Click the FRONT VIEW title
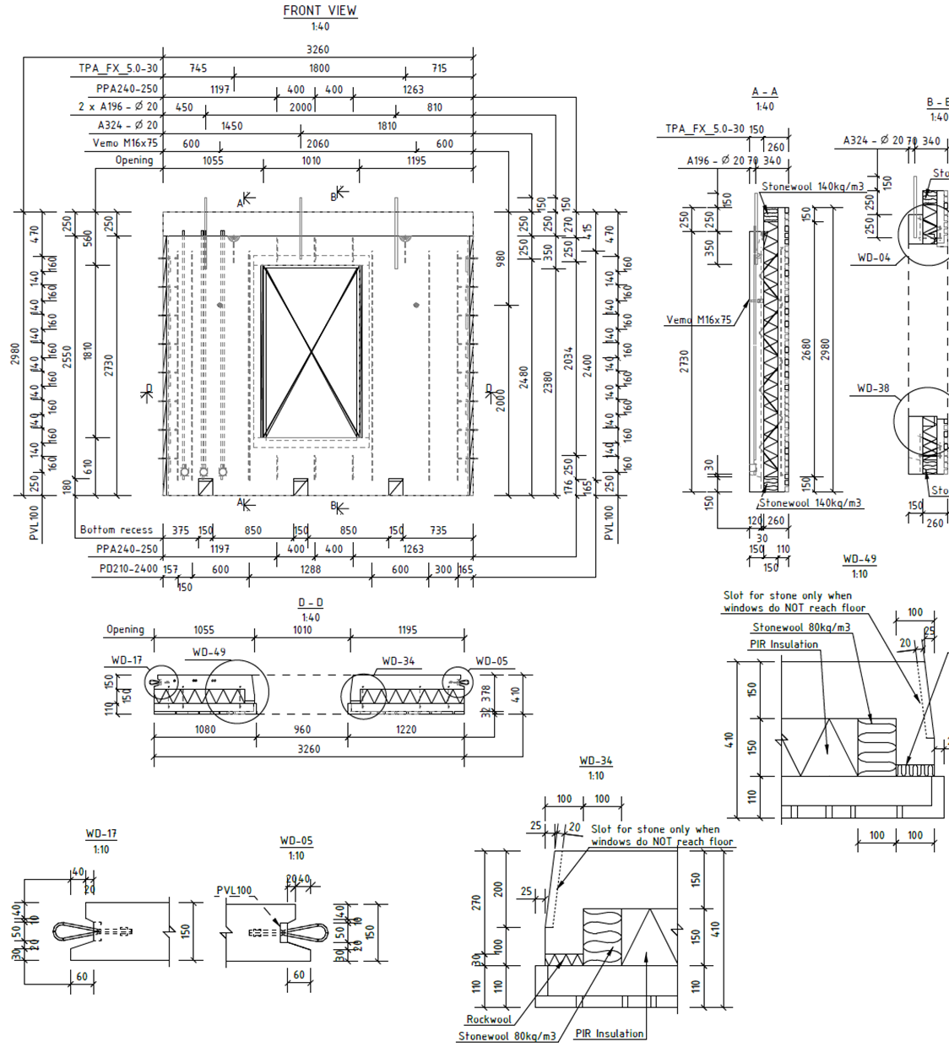319,11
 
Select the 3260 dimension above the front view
317,50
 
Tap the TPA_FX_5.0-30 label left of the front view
118,68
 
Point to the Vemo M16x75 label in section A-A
698,320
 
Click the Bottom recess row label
117,530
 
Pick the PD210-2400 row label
128,569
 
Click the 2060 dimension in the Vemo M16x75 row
317,144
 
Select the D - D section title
311,603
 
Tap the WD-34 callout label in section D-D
398,662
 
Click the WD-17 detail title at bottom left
101,834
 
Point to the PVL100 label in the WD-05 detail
234,891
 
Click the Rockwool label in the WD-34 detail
489,1019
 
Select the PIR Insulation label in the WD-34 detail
610,1033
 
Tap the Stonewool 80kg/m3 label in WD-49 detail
801,627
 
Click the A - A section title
764,92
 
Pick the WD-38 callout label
873,388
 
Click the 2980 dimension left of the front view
15,354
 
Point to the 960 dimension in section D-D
301,730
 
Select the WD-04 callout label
874,258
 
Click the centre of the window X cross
312,352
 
